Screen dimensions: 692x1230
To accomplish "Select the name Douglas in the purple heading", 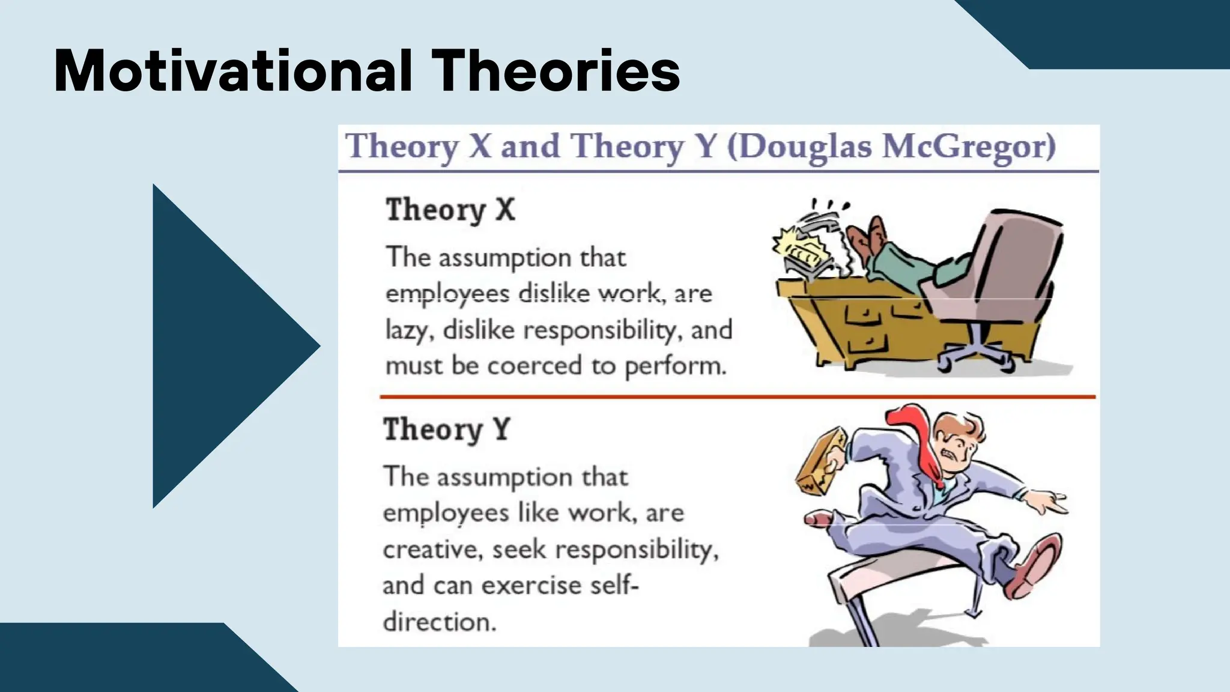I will tap(805, 147).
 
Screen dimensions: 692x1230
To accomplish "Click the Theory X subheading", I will tap(450, 210).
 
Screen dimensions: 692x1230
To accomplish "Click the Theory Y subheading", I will tap(447, 429).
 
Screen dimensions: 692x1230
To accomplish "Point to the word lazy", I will tap(409, 330).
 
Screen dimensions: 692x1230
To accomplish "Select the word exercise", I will tap(531, 586).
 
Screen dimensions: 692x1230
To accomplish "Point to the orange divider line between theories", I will tap(738, 397).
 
